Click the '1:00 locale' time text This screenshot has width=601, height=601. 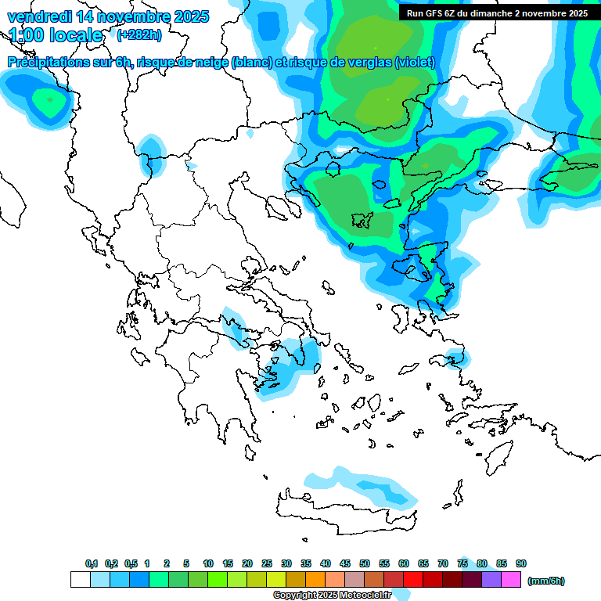[56, 35]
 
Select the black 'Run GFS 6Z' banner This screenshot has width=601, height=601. [497, 13]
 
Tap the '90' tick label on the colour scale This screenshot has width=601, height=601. [521, 563]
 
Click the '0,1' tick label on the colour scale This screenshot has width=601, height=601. [92, 563]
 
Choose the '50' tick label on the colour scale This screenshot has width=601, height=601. [365, 563]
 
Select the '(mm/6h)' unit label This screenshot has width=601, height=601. [545, 581]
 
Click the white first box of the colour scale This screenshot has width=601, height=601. [80, 580]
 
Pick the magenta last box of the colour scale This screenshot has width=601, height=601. [511, 580]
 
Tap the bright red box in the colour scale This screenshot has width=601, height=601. [413, 580]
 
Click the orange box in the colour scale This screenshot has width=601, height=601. [315, 580]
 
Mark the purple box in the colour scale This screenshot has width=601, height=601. [491, 580]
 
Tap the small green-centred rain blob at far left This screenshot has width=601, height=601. [49, 100]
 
